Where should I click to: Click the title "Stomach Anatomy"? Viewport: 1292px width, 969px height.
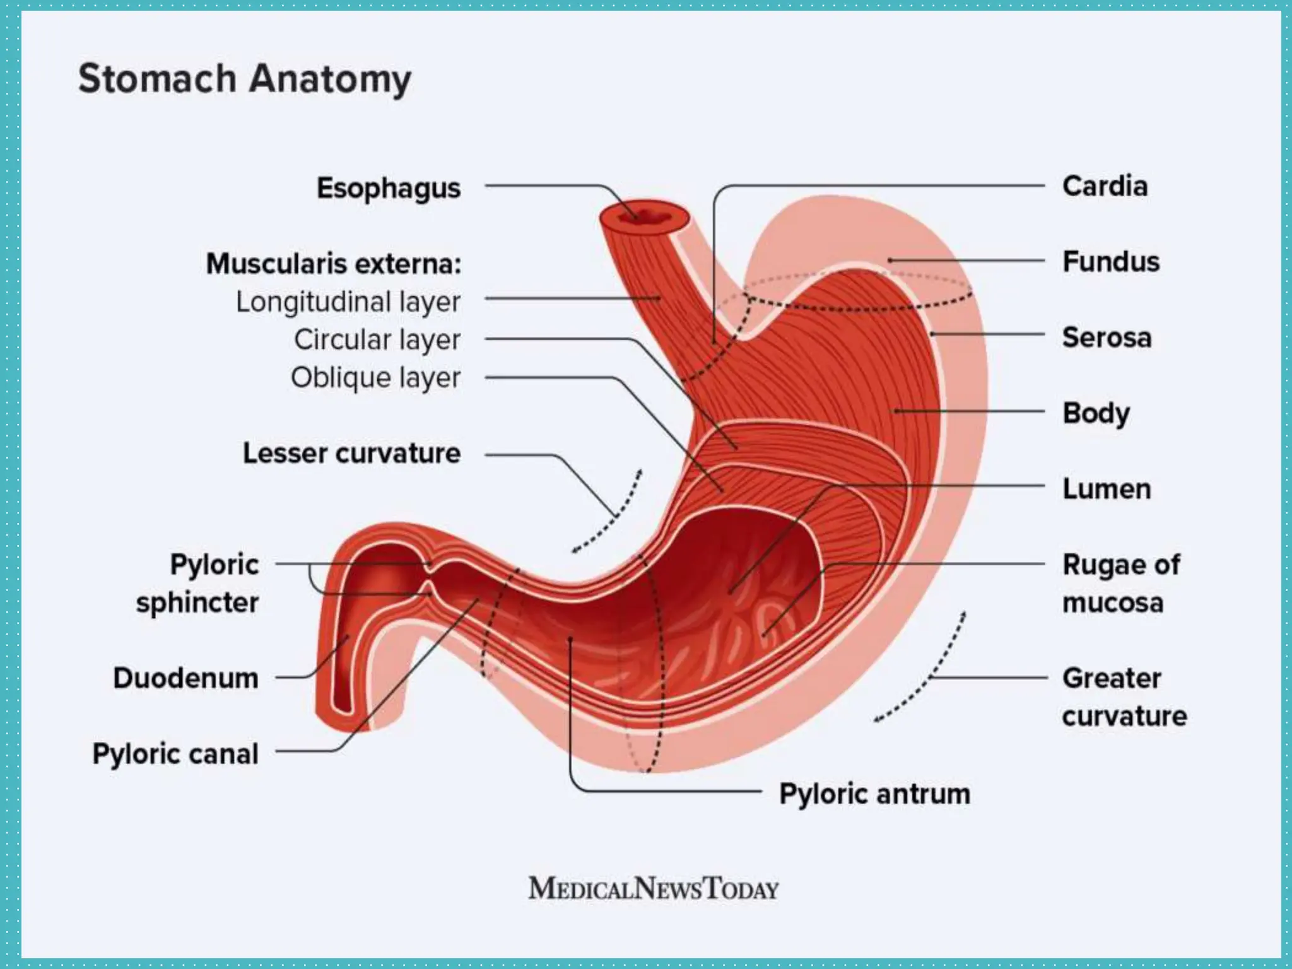click(245, 79)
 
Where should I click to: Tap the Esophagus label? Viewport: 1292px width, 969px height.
click(389, 188)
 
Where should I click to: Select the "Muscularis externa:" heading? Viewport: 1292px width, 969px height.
click(334, 264)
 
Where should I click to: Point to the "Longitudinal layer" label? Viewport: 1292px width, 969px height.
click(348, 302)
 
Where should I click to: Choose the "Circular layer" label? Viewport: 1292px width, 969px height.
click(377, 339)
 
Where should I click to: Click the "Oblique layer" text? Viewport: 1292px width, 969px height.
click(375, 377)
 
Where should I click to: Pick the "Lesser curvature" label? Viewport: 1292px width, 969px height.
click(352, 453)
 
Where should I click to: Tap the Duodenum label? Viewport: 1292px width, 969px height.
click(186, 678)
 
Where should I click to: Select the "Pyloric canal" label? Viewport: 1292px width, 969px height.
click(175, 754)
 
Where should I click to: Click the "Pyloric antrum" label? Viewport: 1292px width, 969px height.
click(875, 794)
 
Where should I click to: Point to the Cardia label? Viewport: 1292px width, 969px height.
click(1105, 186)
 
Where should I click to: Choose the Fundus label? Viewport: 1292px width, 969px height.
click(1111, 262)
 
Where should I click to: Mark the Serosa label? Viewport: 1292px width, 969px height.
click(1107, 338)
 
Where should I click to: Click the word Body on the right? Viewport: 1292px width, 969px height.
click(1096, 413)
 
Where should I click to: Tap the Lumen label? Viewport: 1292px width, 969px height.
click(1107, 489)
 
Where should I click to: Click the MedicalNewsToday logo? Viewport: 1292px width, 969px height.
click(654, 888)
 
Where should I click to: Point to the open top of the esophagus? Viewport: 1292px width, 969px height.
click(643, 217)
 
